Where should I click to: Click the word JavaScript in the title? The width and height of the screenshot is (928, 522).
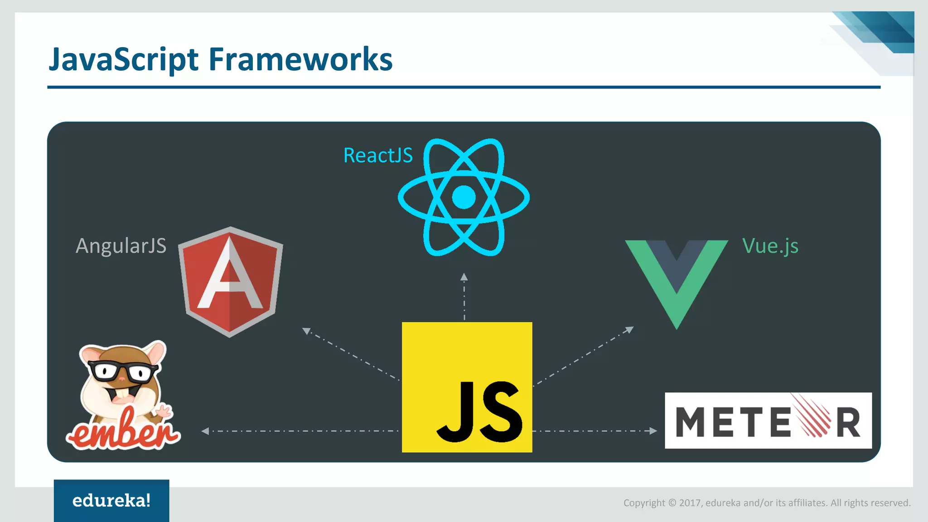pyautogui.click(x=123, y=60)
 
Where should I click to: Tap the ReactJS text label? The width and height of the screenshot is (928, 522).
pyautogui.click(x=378, y=155)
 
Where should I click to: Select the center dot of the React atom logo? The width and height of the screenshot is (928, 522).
pyautogui.click(x=464, y=197)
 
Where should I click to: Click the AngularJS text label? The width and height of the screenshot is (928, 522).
pyautogui.click(x=121, y=246)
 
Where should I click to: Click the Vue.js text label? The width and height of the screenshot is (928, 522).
pyautogui.click(x=770, y=246)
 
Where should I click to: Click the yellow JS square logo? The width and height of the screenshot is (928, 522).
pyautogui.click(x=467, y=387)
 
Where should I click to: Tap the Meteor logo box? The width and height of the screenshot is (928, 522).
pyautogui.click(x=768, y=420)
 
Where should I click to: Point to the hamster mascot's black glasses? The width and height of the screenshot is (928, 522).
pyautogui.click(x=122, y=372)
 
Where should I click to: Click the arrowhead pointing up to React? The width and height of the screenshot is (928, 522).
pyautogui.click(x=464, y=277)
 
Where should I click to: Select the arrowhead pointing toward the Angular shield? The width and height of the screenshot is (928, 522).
pyautogui.click(x=307, y=331)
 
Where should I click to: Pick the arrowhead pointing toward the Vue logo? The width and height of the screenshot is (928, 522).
pyautogui.click(x=629, y=329)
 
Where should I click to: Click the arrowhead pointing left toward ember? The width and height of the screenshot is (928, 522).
pyautogui.click(x=205, y=431)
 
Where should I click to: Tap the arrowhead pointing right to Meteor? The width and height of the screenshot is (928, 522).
pyautogui.click(x=653, y=430)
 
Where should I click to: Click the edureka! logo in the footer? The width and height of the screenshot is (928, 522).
pyautogui.click(x=111, y=501)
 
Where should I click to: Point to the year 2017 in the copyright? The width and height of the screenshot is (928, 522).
pyautogui.click(x=690, y=503)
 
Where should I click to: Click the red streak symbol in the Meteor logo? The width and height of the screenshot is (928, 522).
pyautogui.click(x=813, y=415)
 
